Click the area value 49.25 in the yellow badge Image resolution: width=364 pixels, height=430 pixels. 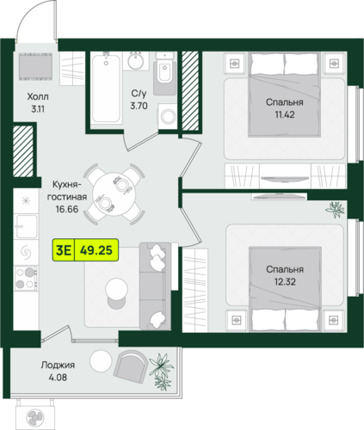[x=96, y=250]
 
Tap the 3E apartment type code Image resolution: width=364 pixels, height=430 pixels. [x=64, y=250]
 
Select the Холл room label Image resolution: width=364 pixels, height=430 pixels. [x=38, y=96]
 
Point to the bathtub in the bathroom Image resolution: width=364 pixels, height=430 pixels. [x=106, y=89]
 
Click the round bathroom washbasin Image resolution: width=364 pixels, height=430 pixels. [x=136, y=61]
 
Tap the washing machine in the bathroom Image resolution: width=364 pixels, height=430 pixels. [x=168, y=116]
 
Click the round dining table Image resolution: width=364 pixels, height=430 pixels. [x=114, y=194]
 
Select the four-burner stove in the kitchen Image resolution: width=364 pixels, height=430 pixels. [x=26, y=278]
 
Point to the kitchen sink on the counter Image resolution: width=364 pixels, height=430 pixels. [x=26, y=226]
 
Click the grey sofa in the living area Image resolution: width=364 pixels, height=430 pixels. [x=155, y=286]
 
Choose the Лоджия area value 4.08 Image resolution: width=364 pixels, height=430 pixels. [x=58, y=378]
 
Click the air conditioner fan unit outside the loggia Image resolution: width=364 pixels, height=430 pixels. [x=35, y=416]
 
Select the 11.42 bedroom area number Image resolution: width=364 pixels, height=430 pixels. [x=285, y=114]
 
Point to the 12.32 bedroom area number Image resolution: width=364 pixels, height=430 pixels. [x=285, y=282]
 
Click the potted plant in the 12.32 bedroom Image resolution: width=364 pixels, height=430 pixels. [x=335, y=209]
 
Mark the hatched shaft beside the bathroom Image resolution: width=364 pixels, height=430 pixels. [x=190, y=90]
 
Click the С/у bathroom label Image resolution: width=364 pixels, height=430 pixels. [x=139, y=94]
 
